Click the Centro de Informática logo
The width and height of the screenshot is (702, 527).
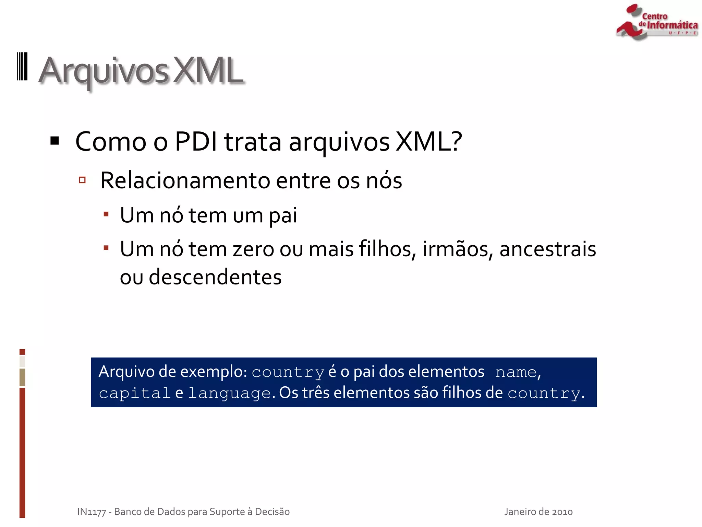pos(656,22)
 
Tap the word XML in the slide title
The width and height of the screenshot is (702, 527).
pos(208,71)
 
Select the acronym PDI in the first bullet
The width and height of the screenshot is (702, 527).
pos(196,141)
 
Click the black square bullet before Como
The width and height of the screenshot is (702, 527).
pos(55,141)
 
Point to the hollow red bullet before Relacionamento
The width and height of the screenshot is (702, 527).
pos(82,180)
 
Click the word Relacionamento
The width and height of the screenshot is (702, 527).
pos(185,180)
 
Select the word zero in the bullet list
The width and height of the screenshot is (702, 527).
pos(253,249)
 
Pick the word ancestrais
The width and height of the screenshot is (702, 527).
pos(547,249)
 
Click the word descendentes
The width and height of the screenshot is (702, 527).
pos(215,277)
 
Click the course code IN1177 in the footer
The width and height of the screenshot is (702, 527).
pos(92,512)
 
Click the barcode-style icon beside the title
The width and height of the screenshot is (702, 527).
pos(22,67)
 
